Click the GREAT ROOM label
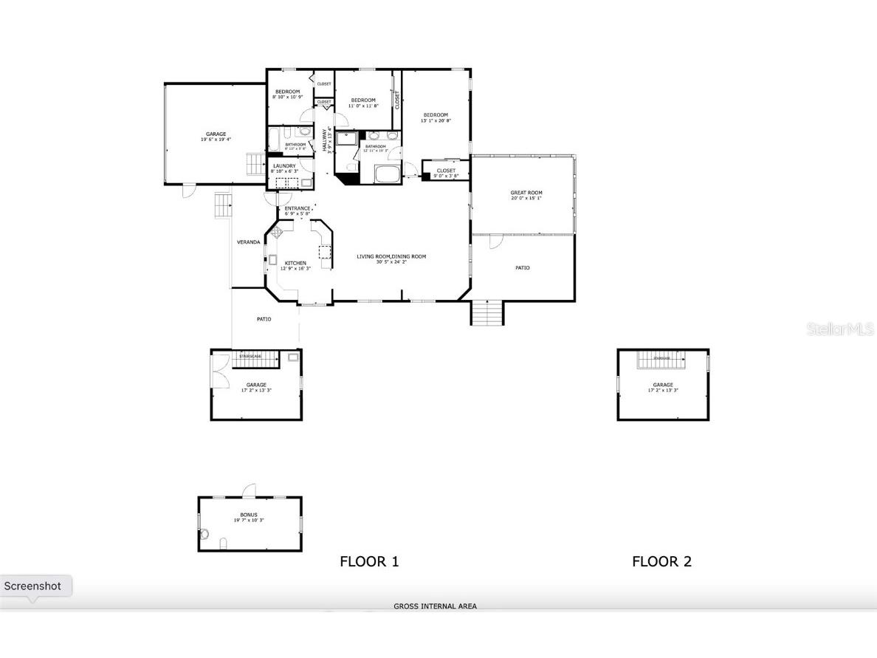click(526, 193)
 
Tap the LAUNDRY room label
click(284, 166)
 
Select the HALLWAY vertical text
click(324, 138)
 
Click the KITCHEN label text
click(295, 263)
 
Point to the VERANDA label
click(248, 241)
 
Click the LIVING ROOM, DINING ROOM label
click(391, 256)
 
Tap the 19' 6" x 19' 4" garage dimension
click(216, 140)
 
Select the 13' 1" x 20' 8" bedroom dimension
click(435, 120)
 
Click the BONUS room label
click(249, 515)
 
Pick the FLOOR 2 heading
click(661, 561)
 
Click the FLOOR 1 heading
click(369, 561)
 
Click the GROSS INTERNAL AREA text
click(435, 606)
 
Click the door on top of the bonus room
click(250, 490)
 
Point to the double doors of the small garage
click(219, 369)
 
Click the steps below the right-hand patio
click(487, 313)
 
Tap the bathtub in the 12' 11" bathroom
click(387, 175)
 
